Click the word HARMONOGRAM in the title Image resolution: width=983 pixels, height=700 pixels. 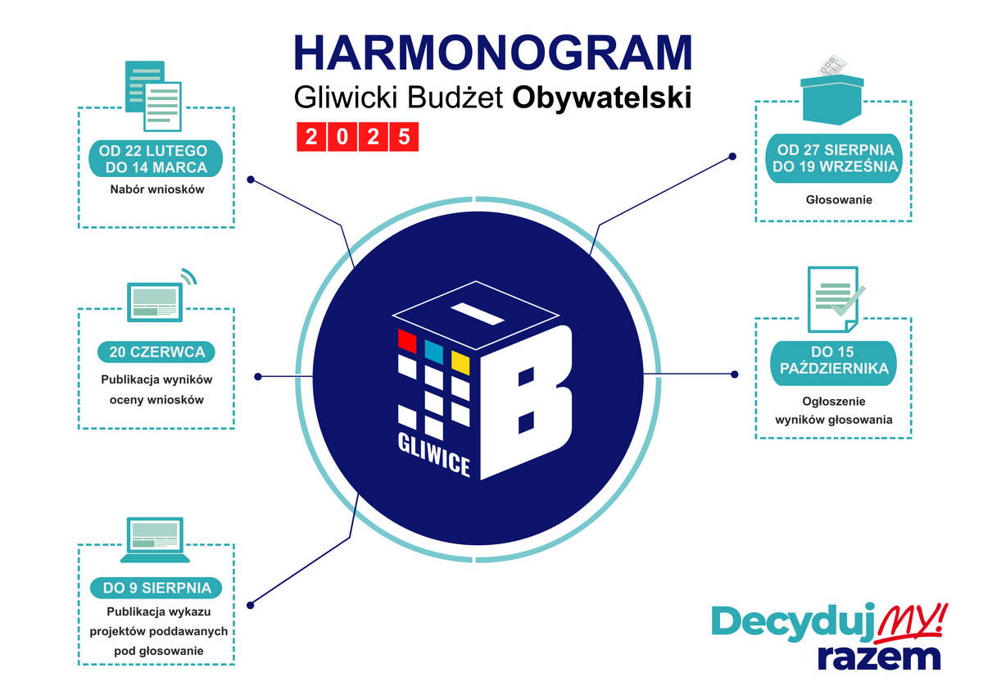tap(492, 52)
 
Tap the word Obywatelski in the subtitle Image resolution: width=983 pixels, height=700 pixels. tap(601, 98)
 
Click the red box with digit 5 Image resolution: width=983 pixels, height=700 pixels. tap(403, 137)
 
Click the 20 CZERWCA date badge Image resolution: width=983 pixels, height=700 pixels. tap(156, 352)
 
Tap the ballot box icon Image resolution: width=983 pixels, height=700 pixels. tap(832, 90)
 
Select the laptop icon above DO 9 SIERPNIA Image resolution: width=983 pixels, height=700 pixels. tap(155, 539)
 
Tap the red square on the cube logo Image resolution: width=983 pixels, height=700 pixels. tap(406, 339)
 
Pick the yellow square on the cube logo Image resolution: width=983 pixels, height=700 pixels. tap(460, 362)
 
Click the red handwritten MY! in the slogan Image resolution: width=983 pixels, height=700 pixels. tap(913, 619)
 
